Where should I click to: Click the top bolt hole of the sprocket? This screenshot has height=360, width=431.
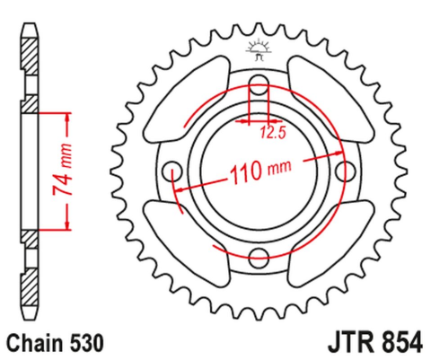point(259,89)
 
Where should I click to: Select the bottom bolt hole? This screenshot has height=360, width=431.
point(258,257)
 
